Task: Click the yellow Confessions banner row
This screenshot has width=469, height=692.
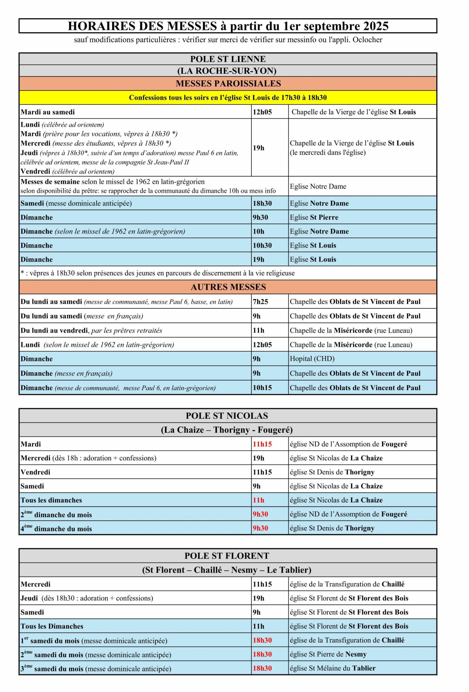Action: click(228, 98)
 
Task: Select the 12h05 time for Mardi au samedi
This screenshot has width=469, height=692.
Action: click(263, 112)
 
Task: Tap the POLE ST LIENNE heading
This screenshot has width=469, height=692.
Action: click(228, 59)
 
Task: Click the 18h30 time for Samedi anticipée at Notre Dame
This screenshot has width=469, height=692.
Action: click(263, 203)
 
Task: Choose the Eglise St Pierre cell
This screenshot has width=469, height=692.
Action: click(314, 217)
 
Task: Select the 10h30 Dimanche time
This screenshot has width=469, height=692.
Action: click(261, 245)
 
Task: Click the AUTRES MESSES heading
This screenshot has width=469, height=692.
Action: click(228, 287)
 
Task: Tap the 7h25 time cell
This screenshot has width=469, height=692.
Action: click(261, 302)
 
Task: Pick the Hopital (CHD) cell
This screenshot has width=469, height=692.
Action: click(312, 358)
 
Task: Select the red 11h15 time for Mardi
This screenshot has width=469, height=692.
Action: click(263, 444)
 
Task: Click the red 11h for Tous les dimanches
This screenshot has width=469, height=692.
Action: click(258, 500)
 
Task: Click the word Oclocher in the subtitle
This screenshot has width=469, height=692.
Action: click(367, 40)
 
